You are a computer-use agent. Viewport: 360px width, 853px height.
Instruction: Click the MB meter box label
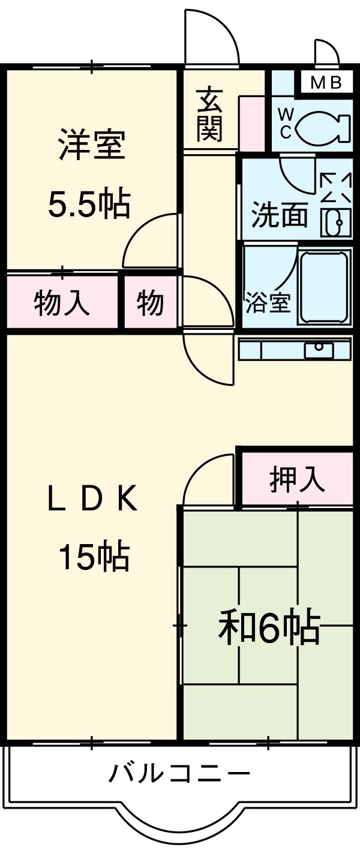(326, 83)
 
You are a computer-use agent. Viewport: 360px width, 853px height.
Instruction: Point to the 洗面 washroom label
(279, 215)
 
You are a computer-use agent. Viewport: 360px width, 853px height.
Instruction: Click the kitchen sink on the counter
(319, 349)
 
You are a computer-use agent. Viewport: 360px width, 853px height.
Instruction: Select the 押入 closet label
(296, 479)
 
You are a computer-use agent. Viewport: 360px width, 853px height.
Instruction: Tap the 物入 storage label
(62, 302)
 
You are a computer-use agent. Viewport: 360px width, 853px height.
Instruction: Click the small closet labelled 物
(150, 302)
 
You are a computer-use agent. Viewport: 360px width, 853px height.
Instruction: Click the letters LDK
(93, 500)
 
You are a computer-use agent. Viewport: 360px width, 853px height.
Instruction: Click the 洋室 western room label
(91, 146)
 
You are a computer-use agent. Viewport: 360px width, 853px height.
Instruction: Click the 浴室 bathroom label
(268, 304)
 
